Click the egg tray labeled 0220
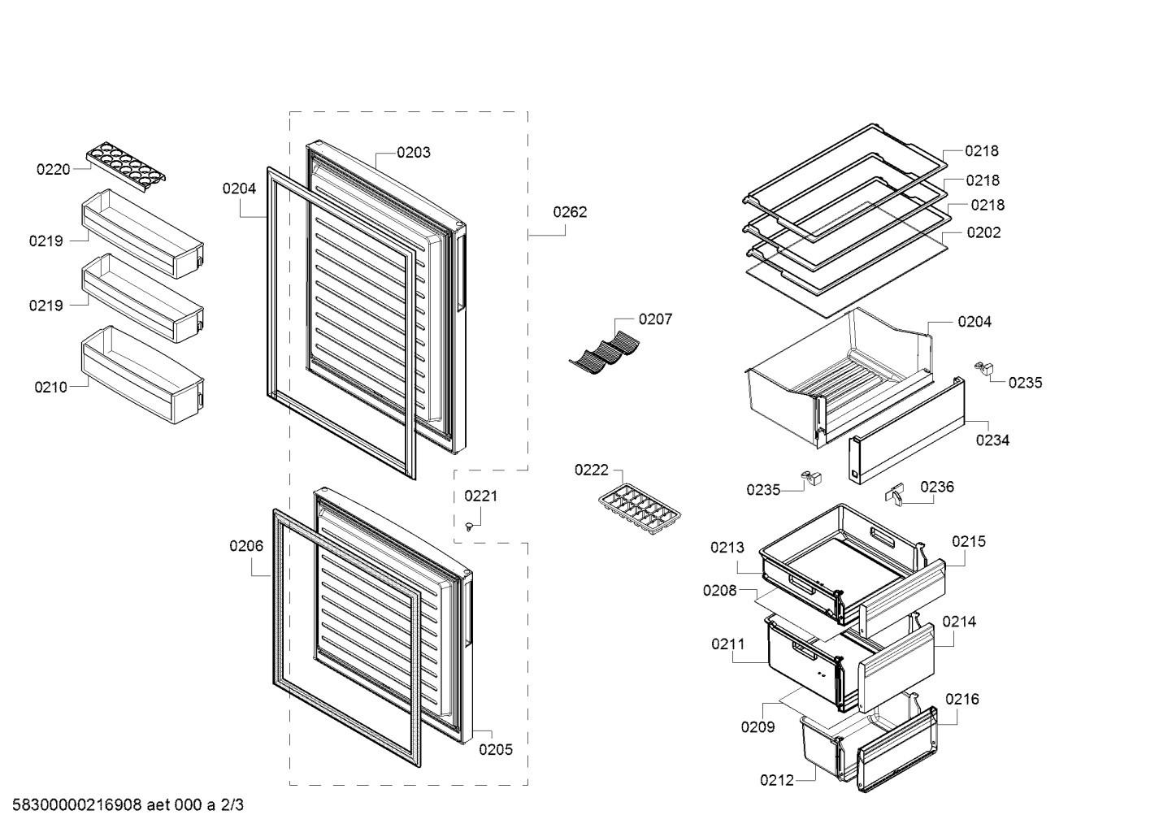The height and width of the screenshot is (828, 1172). point(126,167)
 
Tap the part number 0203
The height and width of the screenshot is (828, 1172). point(414,152)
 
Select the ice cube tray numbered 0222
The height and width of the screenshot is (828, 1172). point(640,509)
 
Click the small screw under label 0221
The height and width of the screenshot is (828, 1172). point(470,526)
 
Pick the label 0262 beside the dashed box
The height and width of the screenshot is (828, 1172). point(570,212)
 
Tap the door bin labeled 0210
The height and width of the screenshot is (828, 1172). point(142,374)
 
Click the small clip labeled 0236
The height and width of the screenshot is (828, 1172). point(894,493)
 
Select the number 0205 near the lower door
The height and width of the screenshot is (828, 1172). point(496,749)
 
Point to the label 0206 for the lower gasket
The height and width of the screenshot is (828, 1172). point(246,545)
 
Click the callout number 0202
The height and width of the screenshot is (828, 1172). point(983,232)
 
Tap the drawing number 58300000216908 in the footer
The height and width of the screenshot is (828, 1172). point(77,804)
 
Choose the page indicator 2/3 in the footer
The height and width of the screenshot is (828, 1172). point(232,804)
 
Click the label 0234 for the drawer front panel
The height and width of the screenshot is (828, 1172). point(992,440)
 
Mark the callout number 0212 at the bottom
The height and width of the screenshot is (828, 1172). point(776,780)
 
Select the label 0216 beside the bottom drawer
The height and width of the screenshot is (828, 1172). point(961,699)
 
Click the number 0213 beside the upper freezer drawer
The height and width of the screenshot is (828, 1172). point(727,547)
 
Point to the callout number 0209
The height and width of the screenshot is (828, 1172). point(757,726)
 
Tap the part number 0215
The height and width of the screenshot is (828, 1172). point(969,541)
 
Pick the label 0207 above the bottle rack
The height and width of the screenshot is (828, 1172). point(655,319)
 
